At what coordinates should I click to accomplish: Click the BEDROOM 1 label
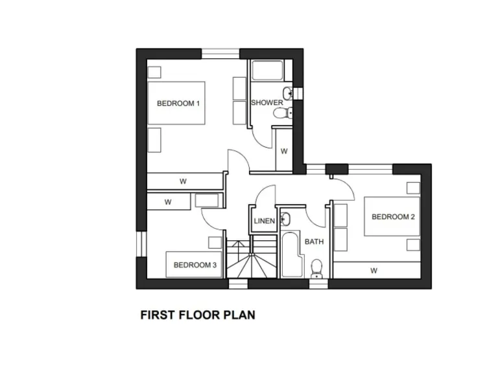pos(178,103)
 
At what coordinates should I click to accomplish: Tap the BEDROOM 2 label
pos(392,217)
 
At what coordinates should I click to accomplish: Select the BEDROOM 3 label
pos(195,265)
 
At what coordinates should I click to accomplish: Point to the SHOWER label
pos(267,103)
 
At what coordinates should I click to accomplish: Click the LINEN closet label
pos(264,221)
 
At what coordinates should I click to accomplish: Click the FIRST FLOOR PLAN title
pos(198,315)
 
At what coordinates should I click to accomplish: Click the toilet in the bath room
pos(317,267)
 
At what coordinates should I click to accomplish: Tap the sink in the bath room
pos(286,218)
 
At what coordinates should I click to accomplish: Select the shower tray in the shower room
pos(265,71)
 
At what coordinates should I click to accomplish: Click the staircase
pos(252,258)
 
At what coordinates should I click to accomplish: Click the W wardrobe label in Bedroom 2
pos(373,270)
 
